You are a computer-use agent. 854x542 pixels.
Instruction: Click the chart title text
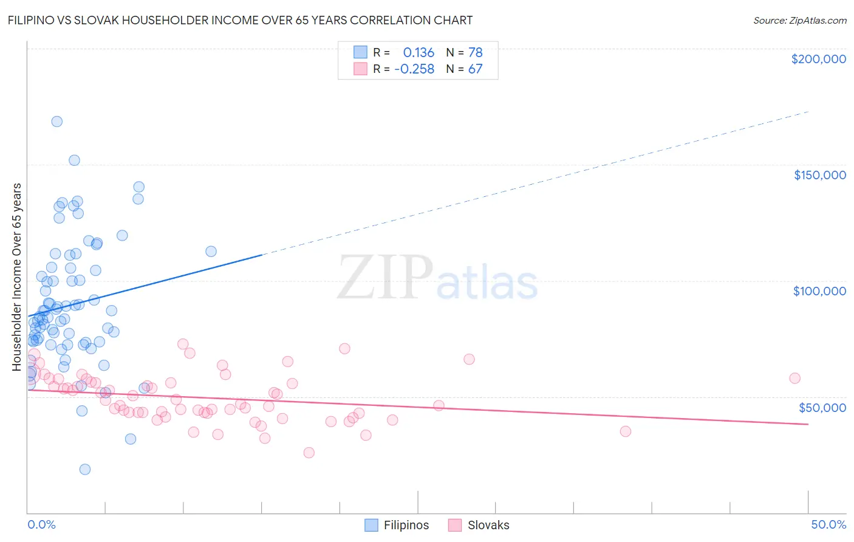tap(239, 20)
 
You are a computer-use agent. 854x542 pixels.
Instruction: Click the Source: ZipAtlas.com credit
tap(799, 20)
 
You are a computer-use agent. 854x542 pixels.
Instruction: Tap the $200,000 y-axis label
tap(818, 59)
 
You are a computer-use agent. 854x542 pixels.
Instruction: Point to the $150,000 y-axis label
tap(819, 175)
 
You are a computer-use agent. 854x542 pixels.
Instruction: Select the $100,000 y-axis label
tap(819, 291)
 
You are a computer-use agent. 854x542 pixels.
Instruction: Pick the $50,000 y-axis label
tap(822, 407)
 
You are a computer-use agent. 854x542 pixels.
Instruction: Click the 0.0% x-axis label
tap(41, 524)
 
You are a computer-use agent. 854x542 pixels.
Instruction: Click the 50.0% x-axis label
tap(828, 524)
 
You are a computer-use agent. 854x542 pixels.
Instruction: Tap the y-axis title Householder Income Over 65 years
tap(17, 276)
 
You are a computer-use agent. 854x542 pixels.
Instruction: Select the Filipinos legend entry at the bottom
tap(397, 525)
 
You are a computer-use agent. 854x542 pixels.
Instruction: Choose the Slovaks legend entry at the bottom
tap(479, 525)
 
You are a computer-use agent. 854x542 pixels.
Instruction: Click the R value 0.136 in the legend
tap(418, 52)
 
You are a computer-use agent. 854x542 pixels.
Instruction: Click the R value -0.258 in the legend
tap(414, 69)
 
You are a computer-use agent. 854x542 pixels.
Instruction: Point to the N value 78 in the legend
tap(475, 52)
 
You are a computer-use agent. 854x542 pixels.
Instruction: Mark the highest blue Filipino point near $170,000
tap(56, 121)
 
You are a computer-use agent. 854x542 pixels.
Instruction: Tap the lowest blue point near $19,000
tap(85, 469)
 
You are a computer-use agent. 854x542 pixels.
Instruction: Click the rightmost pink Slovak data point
tap(794, 378)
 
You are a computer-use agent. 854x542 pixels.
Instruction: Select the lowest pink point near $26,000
tap(309, 453)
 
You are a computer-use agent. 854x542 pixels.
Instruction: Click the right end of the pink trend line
tap(808, 424)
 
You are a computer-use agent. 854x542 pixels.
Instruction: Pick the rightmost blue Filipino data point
tap(211, 251)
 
